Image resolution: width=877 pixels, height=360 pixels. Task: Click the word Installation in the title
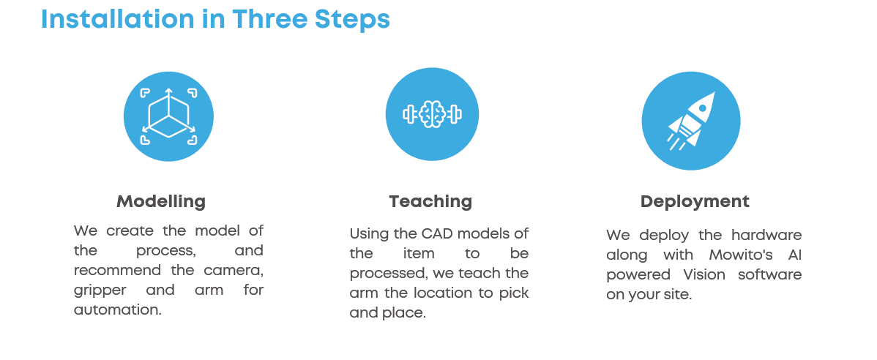click(117, 19)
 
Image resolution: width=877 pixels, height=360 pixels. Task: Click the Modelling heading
click(161, 201)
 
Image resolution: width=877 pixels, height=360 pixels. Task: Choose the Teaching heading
click(430, 201)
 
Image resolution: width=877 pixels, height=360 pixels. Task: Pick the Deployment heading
click(695, 202)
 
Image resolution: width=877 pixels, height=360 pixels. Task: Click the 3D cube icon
click(168, 116)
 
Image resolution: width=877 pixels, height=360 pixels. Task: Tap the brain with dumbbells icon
click(432, 114)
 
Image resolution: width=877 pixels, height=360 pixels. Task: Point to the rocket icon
click(691, 121)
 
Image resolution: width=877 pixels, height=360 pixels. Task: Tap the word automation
click(117, 310)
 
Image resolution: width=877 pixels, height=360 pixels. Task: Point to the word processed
click(382, 274)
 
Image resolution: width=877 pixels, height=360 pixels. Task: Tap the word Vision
click(705, 274)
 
